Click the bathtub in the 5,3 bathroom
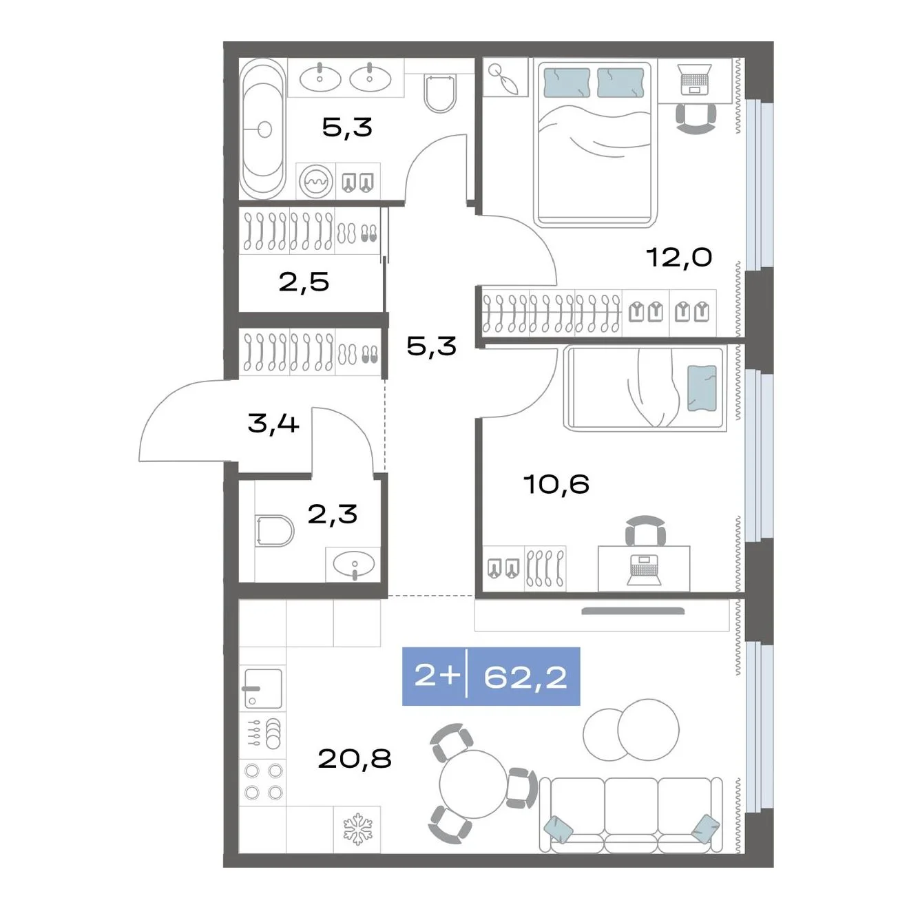[263, 128]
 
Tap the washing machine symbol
[316, 181]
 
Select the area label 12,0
[678, 258]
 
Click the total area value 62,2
[525, 677]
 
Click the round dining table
[473, 784]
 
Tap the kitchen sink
[263, 688]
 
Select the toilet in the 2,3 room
[274, 531]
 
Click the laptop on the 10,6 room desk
[644, 572]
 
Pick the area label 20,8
[354, 759]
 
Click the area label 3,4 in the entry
[273, 423]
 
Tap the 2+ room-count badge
[437, 676]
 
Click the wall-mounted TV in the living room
[633, 612]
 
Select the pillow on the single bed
[702, 388]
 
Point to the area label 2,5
[304, 282]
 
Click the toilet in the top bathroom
[440, 94]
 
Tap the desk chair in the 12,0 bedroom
[696, 118]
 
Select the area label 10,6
[556, 484]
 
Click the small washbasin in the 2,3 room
[354, 564]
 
